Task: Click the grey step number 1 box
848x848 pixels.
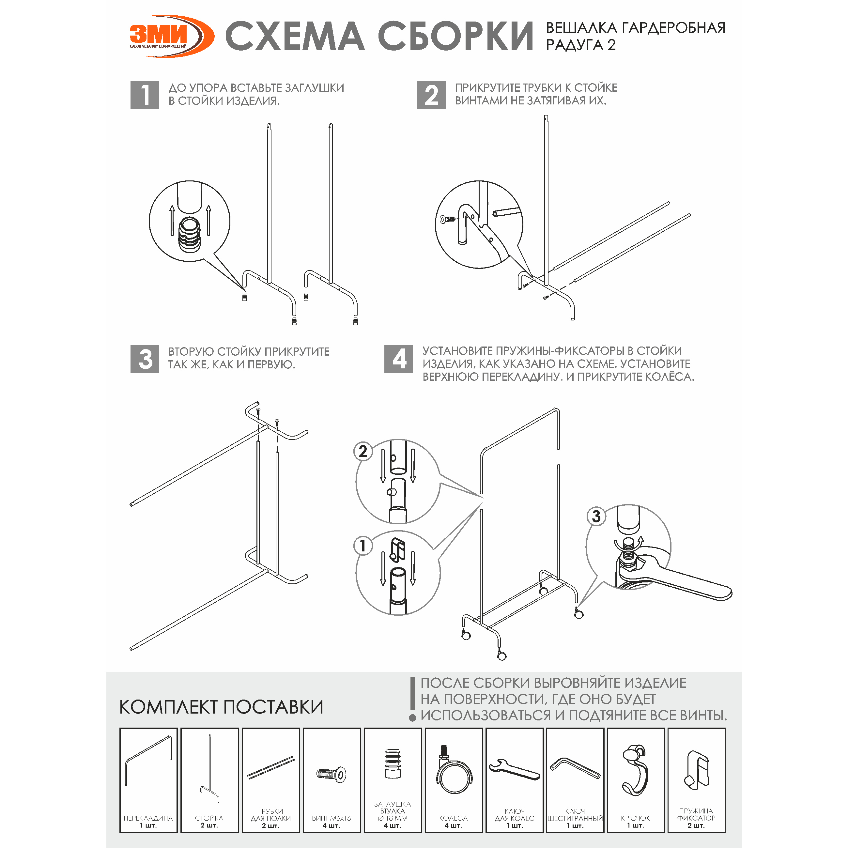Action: [x=145, y=95]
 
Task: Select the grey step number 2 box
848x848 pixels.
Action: [x=431, y=95]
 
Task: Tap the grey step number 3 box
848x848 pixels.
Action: [x=145, y=359]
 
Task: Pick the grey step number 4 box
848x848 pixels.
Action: [x=398, y=359]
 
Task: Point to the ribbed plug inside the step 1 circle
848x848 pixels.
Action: [x=190, y=235]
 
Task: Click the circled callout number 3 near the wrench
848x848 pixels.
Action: [x=596, y=517]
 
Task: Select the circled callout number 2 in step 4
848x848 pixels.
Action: [x=363, y=451]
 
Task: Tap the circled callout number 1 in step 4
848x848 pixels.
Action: [x=363, y=546]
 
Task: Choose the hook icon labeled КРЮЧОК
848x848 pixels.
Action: [x=635, y=770]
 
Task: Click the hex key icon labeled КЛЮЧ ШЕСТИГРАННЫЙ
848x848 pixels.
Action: [x=575, y=768]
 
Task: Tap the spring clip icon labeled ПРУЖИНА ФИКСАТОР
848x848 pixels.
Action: [x=697, y=770]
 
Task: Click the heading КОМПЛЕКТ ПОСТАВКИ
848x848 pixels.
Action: [x=221, y=707]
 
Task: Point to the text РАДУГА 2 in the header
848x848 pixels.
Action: [x=581, y=45]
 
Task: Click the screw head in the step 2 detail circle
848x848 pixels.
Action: [x=444, y=219]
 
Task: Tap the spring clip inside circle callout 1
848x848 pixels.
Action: [x=397, y=550]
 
